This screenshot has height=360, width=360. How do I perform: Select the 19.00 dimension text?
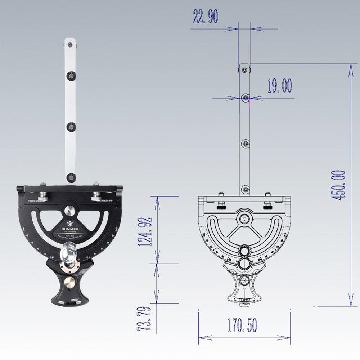point(279,86)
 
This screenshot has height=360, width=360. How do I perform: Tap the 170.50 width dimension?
point(242,325)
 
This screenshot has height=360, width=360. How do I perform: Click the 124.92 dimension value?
point(146,231)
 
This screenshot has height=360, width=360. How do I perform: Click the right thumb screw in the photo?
point(96,196)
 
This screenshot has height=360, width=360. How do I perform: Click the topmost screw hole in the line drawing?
point(245,70)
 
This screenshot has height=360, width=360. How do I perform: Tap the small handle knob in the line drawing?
point(246,281)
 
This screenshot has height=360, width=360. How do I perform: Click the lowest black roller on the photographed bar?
point(70,177)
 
